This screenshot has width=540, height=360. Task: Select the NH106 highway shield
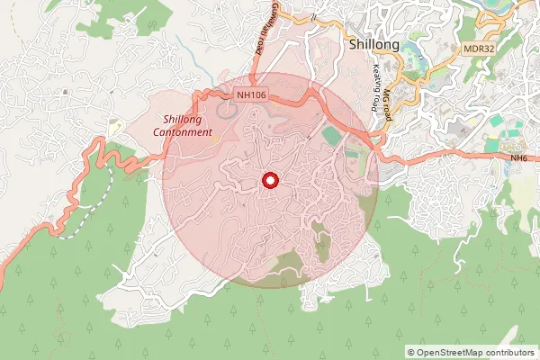point(251,94)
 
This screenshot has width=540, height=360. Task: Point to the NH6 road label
point(517,158)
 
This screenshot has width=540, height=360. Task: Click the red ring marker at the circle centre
point(269,181)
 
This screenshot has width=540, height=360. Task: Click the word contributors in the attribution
point(510,352)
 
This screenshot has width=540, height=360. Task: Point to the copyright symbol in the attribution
point(411,352)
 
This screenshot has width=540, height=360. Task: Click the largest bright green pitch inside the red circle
point(331,135)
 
